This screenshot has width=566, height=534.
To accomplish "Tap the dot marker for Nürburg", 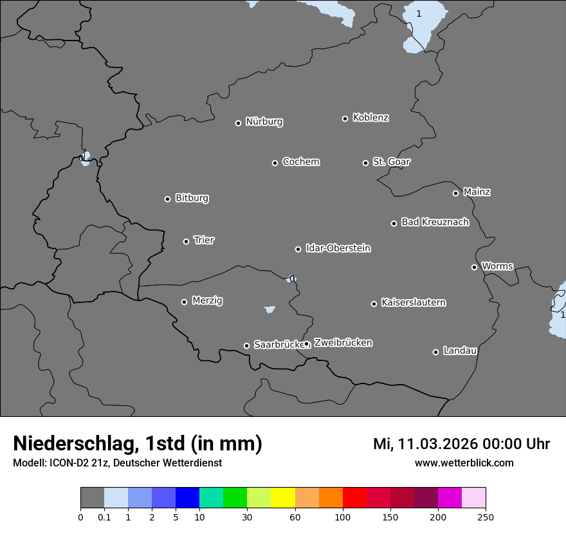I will (x=238, y=123).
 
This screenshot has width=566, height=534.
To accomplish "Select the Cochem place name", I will (x=301, y=161).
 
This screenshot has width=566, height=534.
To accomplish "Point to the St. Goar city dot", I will (x=365, y=163).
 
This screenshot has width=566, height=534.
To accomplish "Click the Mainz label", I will (x=477, y=192).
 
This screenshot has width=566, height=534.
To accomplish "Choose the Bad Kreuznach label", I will (x=435, y=222).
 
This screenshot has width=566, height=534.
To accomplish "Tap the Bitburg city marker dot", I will (x=167, y=199).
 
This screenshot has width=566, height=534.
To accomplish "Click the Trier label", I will (x=204, y=240).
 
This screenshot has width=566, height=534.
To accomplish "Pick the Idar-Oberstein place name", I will (x=338, y=248).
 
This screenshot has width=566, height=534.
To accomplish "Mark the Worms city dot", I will (x=474, y=267).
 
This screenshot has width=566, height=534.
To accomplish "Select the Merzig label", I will (x=208, y=300).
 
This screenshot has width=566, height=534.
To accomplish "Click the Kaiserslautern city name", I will (x=413, y=302).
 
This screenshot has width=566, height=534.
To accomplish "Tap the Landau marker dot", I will (x=435, y=352).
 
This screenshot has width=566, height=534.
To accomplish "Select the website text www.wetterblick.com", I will (x=464, y=463).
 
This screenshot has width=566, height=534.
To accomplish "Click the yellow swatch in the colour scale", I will (x=283, y=498).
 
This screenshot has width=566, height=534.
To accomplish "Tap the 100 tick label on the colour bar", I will (x=343, y=517).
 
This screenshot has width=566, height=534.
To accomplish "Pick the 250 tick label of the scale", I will (x=486, y=517).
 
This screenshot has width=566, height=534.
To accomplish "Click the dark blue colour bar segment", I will (x=187, y=498).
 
